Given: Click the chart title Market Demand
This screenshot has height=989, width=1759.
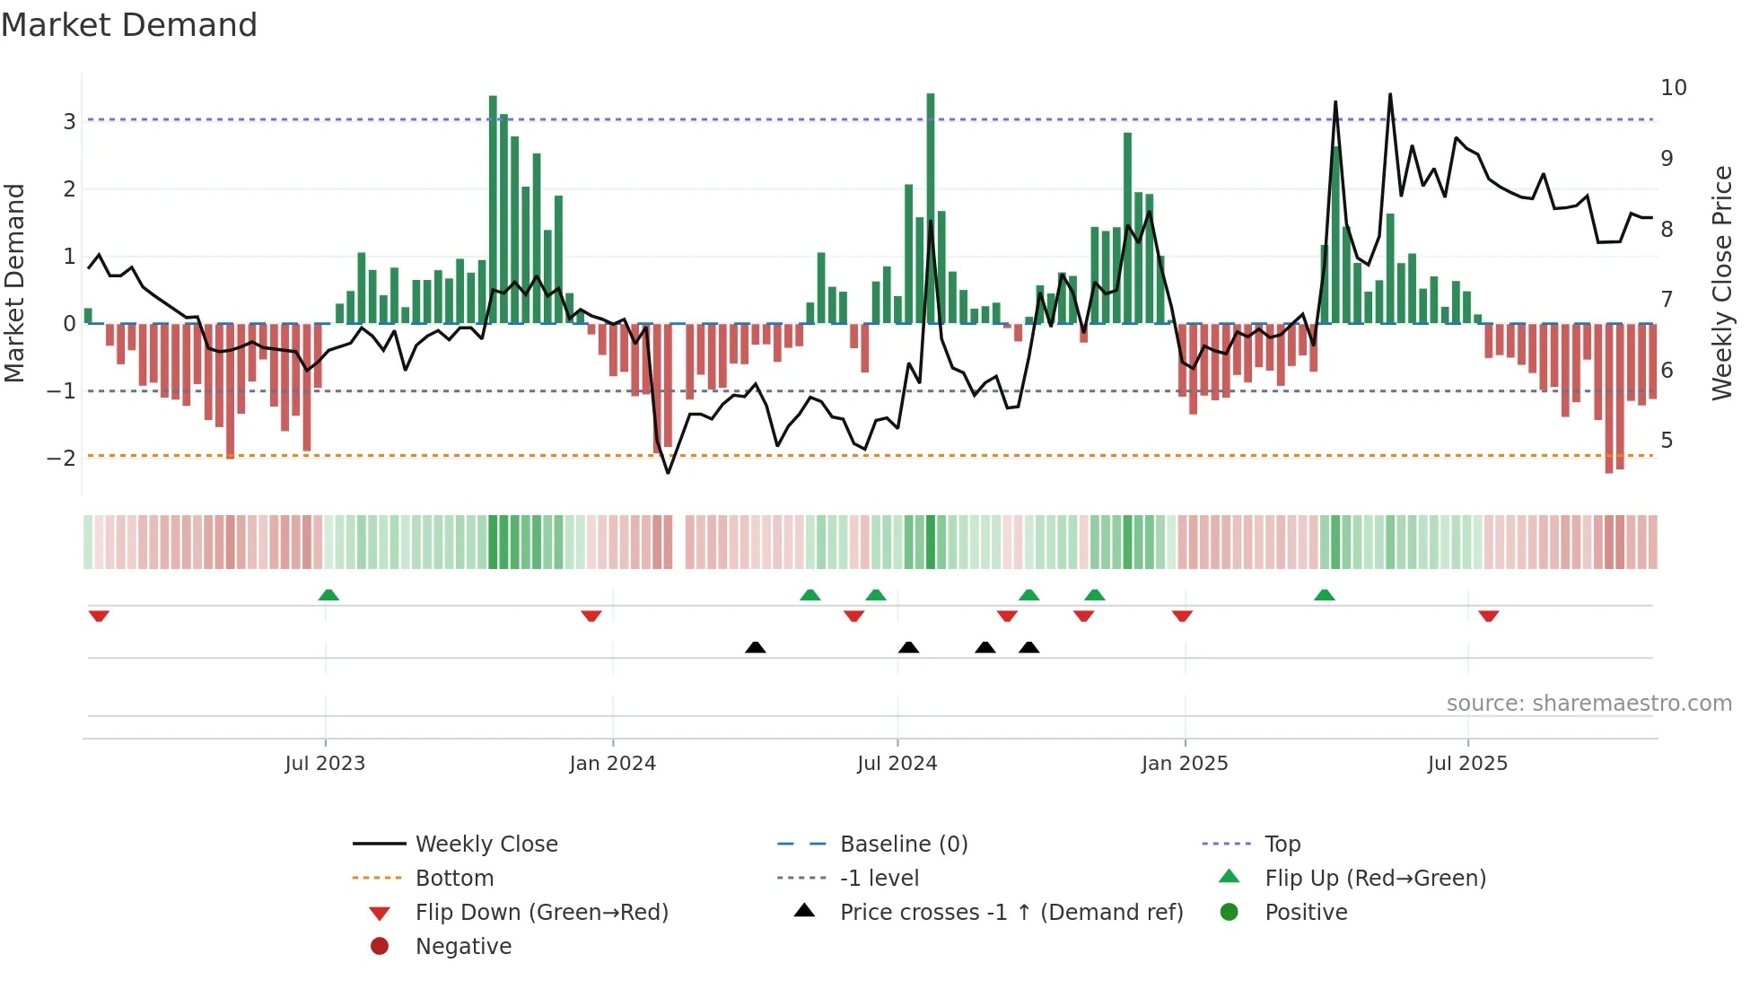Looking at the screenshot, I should pyautogui.click(x=129, y=25).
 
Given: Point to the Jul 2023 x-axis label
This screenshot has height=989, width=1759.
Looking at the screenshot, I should pyautogui.click(x=325, y=764).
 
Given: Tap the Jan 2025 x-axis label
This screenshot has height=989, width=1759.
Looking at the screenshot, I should pyautogui.click(x=1185, y=764).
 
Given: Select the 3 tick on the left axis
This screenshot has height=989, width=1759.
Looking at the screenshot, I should pyautogui.click(x=69, y=121).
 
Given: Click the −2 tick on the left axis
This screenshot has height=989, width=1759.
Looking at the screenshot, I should pyautogui.click(x=62, y=459).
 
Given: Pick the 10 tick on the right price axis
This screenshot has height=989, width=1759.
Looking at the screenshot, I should pyautogui.click(x=1673, y=88).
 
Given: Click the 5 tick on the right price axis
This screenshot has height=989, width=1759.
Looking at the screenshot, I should pyautogui.click(x=1667, y=441).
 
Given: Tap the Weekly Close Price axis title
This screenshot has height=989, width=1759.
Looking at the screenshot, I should pyautogui.click(x=1721, y=283).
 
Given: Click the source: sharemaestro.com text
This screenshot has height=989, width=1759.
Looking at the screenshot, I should pyautogui.click(x=1588, y=704).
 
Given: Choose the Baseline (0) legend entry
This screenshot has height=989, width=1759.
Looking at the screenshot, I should pyautogui.click(x=903, y=845).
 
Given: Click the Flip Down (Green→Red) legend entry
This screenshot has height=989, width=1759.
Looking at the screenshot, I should pyautogui.click(x=541, y=913).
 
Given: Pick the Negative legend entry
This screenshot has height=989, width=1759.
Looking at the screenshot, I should pyautogui.click(x=463, y=947).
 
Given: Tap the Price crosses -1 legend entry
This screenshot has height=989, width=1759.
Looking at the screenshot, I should pyautogui.click(x=1011, y=913).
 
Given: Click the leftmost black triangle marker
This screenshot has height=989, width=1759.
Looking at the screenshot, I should pyautogui.click(x=756, y=648).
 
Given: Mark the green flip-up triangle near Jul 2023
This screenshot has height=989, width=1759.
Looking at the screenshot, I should pyautogui.click(x=328, y=595).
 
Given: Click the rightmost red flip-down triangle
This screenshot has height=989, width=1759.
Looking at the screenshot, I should pyautogui.click(x=1489, y=616).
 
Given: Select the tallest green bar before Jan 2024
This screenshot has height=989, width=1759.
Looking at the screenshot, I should pyautogui.click(x=493, y=209).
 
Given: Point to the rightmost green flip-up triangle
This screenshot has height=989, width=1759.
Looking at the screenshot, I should pyautogui.click(x=1325, y=595).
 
